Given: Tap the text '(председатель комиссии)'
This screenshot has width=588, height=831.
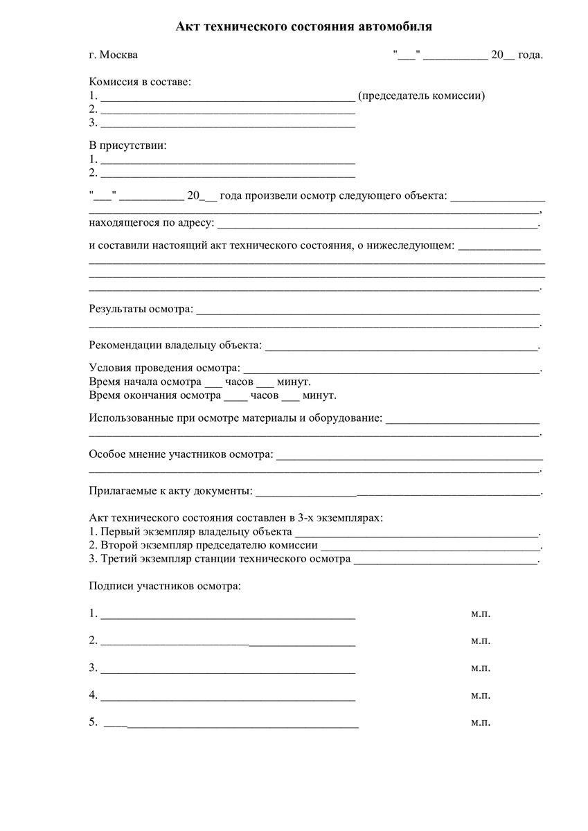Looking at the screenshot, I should click(421, 96).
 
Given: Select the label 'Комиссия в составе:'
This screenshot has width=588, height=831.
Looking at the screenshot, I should click(140, 82).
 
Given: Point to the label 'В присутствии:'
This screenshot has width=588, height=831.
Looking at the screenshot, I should click(128, 145).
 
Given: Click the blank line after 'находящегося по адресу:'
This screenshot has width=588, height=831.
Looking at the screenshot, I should click(377, 224).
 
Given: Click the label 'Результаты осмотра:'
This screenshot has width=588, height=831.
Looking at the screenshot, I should click(141, 308).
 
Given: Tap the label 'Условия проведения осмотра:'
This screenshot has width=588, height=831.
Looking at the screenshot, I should click(165, 368).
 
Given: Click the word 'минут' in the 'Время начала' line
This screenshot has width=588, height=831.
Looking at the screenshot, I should click(293, 382).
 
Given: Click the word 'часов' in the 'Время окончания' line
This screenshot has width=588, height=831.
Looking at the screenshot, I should click(264, 395).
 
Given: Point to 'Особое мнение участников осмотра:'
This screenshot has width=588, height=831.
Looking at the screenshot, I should click(181, 455).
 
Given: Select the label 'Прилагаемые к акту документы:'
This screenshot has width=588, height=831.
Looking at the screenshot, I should click(171, 491).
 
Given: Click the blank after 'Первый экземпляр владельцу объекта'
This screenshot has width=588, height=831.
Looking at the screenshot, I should click(416, 533).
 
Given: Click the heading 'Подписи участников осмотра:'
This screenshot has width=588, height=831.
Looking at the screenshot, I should click(165, 586).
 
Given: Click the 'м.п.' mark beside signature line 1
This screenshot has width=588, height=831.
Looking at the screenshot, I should click(481, 614).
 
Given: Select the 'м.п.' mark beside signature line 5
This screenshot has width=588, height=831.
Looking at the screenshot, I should click(481, 722).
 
